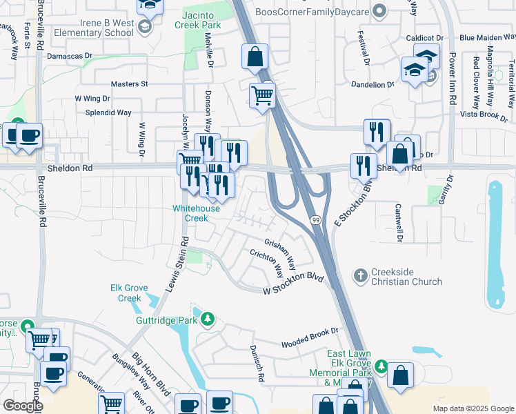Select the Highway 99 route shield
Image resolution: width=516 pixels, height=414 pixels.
[315, 219]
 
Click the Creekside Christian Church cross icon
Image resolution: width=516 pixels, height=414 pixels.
[359, 276]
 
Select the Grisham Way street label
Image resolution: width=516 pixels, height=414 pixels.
[281, 253]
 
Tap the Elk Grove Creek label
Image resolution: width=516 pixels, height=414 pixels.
[126, 293]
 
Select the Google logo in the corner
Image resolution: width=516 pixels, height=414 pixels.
[23, 406]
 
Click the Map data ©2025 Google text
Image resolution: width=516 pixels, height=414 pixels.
[473, 408]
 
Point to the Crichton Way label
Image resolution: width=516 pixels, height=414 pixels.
[267, 261]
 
